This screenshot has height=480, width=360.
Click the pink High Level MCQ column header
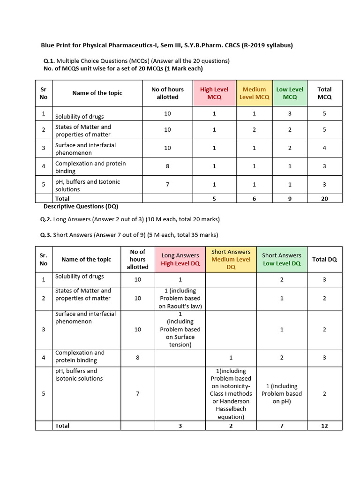click(x=214, y=93)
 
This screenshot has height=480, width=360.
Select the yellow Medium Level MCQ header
click(x=254, y=93)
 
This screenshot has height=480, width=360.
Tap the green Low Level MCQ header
click(x=290, y=93)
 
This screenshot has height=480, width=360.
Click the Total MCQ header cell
click(x=324, y=93)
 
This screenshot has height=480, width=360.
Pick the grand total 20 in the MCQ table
click(x=324, y=199)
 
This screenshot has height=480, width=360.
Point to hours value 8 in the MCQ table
click(x=167, y=166)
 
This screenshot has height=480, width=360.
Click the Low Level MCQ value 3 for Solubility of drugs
click(x=290, y=113)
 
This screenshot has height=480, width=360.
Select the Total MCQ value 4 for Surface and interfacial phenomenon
click(x=324, y=148)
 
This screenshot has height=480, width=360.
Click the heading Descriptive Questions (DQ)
click(x=81, y=206)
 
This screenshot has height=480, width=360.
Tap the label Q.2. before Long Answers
click(x=46, y=219)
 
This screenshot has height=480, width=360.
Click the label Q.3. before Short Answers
click(x=46, y=235)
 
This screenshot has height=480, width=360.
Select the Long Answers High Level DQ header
click(x=180, y=259)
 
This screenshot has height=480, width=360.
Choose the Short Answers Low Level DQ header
click(x=281, y=259)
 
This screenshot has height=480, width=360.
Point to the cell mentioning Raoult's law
click(x=180, y=299)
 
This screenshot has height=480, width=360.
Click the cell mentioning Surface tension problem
click(x=180, y=330)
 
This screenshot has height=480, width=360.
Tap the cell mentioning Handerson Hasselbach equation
click(x=231, y=394)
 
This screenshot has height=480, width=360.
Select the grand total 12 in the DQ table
click(x=324, y=426)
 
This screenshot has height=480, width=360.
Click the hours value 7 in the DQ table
click(x=138, y=394)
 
